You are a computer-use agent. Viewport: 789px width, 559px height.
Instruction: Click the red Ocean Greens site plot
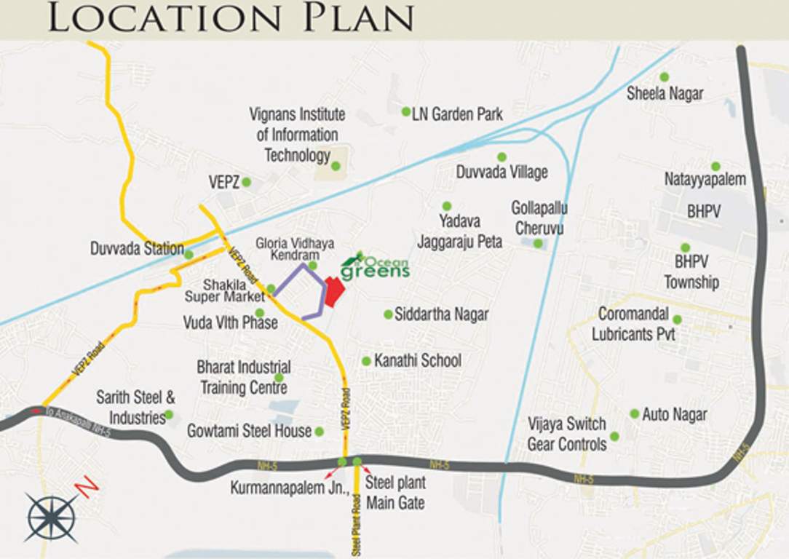[334, 292]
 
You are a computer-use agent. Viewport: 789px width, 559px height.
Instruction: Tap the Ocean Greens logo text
[376, 269]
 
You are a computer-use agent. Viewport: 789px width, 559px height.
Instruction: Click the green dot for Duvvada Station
[189, 255]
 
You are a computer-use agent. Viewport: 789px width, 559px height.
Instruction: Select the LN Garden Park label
[457, 114]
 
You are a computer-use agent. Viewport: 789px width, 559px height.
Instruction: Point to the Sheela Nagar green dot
[664, 76]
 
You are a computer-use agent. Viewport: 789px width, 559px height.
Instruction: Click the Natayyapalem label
[705, 179]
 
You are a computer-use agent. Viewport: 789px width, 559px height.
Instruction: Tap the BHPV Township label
[691, 271]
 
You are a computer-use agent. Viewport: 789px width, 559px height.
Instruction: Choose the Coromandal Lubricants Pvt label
[633, 325]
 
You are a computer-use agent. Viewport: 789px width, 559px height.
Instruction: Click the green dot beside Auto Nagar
[635, 413]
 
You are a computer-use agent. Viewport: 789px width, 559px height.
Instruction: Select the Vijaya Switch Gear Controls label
[567, 434]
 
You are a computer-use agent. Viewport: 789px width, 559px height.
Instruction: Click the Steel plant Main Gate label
[395, 493]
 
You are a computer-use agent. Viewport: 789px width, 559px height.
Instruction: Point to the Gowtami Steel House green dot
[319, 432]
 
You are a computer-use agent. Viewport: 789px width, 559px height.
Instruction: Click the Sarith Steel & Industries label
[137, 408]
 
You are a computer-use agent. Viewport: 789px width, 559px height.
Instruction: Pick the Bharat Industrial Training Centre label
[243, 377]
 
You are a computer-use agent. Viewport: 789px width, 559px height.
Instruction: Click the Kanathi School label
[418, 360]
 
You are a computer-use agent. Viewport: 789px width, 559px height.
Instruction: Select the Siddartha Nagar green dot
[388, 314]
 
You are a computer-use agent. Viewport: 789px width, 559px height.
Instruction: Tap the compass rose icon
[50, 517]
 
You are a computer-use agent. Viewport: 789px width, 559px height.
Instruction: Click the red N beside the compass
[87, 487]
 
